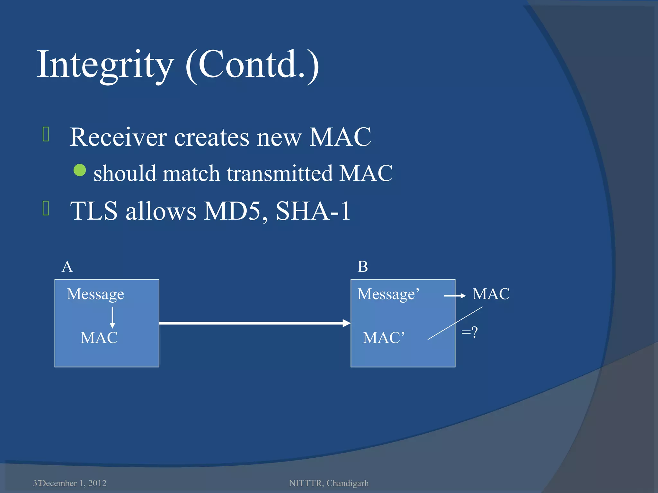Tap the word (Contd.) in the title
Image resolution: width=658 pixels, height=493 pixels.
click(x=252, y=65)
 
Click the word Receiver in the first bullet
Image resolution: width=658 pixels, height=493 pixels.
click(x=118, y=137)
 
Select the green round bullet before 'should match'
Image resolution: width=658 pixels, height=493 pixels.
click(x=80, y=170)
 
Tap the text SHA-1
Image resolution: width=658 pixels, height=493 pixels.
click(x=313, y=211)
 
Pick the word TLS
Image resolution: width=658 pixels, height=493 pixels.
click(x=94, y=211)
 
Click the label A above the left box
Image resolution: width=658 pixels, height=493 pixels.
click(x=67, y=267)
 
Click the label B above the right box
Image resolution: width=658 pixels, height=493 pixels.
click(x=363, y=267)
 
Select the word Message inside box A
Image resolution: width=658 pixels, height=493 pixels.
click(x=95, y=294)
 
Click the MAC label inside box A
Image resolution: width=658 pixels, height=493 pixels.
click(x=99, y=338)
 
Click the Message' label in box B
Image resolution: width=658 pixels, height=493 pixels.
click(x=388, y=294)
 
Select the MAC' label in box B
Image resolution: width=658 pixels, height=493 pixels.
click(x=384, y=338)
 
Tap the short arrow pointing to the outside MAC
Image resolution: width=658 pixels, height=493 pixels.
click(x=455, y=296)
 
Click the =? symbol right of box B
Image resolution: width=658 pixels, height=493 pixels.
click(x=469, y=332)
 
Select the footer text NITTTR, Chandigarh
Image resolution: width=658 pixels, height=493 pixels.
click(x=329, y=483)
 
